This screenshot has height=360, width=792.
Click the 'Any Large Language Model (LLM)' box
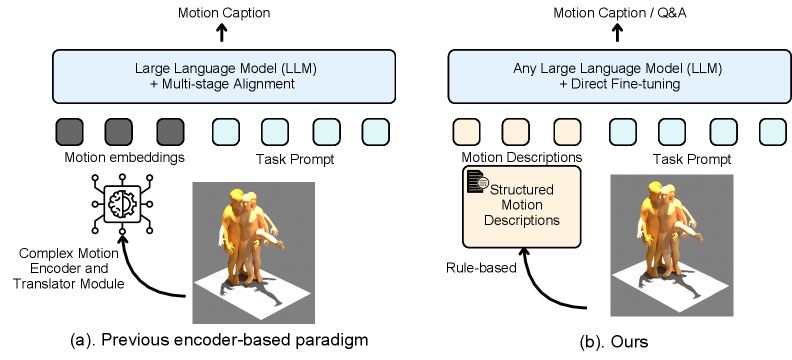coord(617,77)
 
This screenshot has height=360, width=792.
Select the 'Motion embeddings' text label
coord(121,157)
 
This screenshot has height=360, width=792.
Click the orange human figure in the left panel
coord(249,235)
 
